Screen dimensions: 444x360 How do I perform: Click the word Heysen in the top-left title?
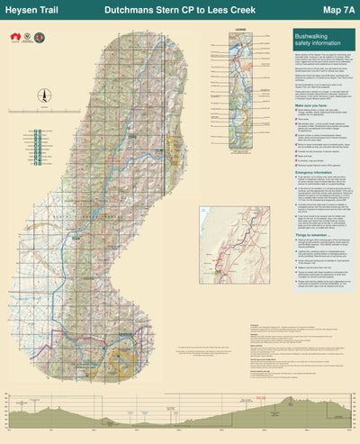[20, 10]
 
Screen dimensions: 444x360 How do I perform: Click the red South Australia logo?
[14, 39]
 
